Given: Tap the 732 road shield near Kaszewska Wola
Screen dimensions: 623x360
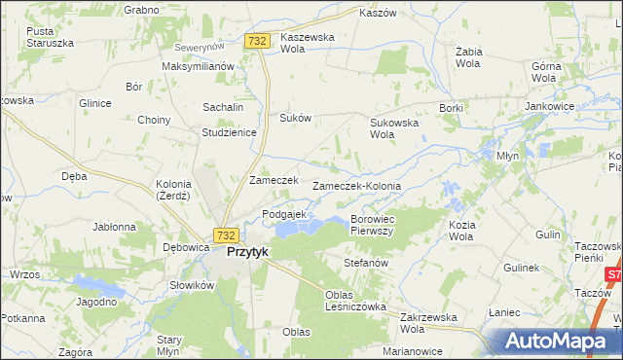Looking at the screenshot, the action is coord(257,41).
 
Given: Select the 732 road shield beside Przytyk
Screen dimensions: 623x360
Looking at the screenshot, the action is coord(226,235).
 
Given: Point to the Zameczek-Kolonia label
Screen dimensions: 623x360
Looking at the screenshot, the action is coord(356,185).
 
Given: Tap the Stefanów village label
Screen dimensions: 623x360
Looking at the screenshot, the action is coord(366,263).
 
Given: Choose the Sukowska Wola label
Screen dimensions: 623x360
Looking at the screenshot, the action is coord(393,128).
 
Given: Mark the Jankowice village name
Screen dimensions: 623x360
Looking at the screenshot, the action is coord(547,106).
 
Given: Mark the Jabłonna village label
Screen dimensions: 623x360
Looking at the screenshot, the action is coord(114,227).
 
